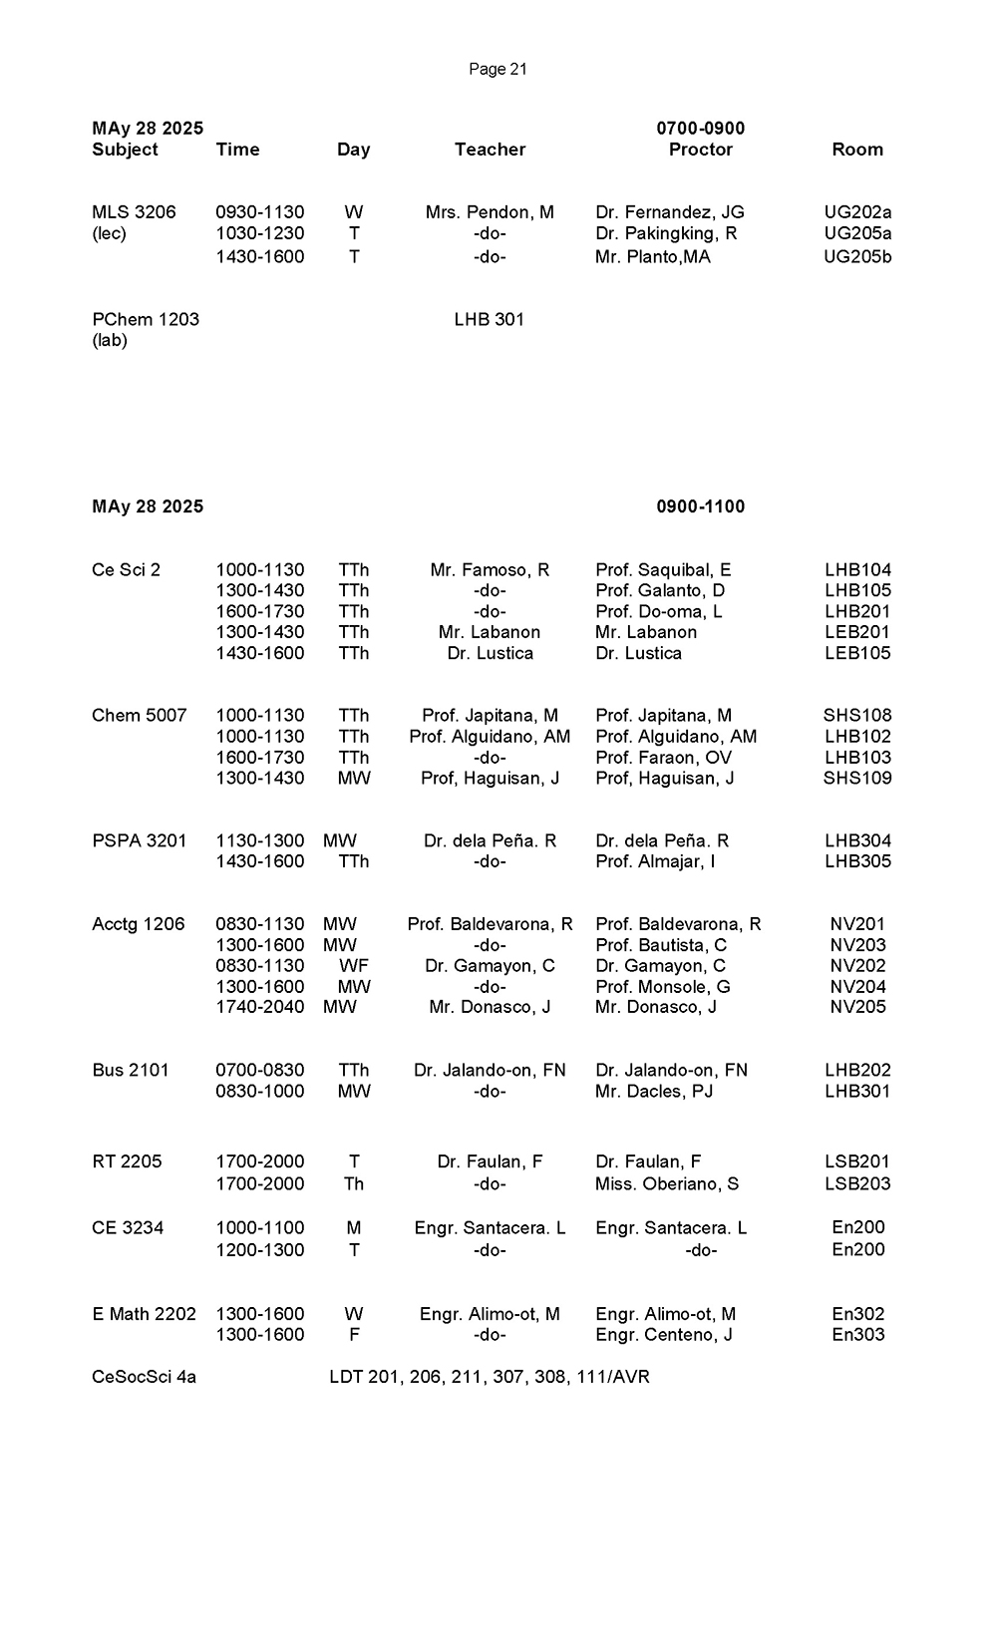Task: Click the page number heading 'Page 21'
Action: click(498, 69)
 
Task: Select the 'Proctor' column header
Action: click(700, 150)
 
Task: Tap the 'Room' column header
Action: click(857, 150)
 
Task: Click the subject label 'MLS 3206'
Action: click(134, 212)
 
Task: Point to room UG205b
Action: click(857, 256)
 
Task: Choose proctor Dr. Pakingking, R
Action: click(666, 233)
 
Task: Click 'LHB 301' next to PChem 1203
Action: click(489, 319)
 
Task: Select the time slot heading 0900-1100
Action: click(700, 506)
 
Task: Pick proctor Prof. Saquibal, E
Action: click(663, 570)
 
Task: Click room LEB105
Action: click(857, 653)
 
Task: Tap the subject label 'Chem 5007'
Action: click(139, 716)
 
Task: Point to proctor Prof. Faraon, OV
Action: click(663, 758)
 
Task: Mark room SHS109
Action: click(857, 778)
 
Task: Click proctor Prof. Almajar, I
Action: click(655, 861)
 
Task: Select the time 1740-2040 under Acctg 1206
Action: click(260, 1007)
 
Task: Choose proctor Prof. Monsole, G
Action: click(663, 987)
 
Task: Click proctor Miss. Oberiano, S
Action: click(667, 1183)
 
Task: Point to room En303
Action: click(857, 1335)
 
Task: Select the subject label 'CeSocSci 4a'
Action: click(144, 1377)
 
